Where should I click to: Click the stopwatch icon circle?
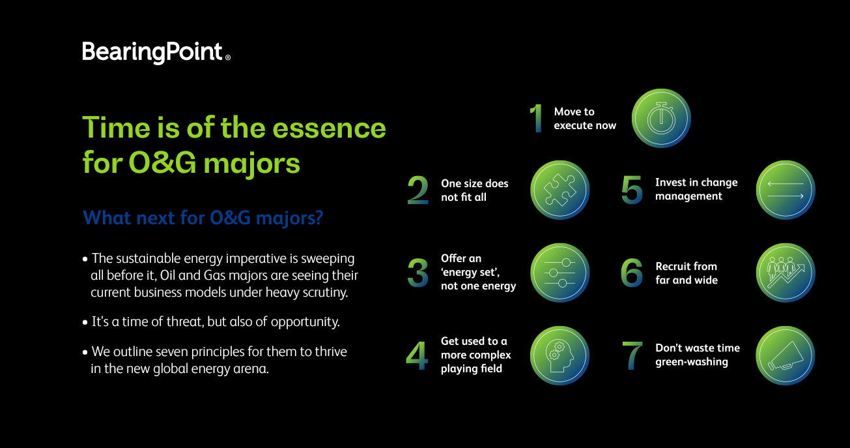(x=661, y=118)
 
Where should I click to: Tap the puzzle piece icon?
(x=560, y=190)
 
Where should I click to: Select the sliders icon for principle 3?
(x=560, y=273)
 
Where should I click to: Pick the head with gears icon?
(x=560, y=355)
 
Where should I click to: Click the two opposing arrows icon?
(x=786, y=190)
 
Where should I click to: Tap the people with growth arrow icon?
(x=786, y=273)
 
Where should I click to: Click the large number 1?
(x=536, y=118)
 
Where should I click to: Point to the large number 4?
(x=417, y=355)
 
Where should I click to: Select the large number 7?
(x=632, y=355)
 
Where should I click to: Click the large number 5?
(x=632, y=190)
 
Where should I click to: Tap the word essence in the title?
(x=329, y=128)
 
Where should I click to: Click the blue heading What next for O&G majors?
(x=203, y=218)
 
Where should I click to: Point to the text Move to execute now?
(x=585, y=118)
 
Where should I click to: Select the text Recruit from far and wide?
(x=687, y=273)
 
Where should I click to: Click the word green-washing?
(x=691, y=362)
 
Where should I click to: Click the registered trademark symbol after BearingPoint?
(x=228, y=57)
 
